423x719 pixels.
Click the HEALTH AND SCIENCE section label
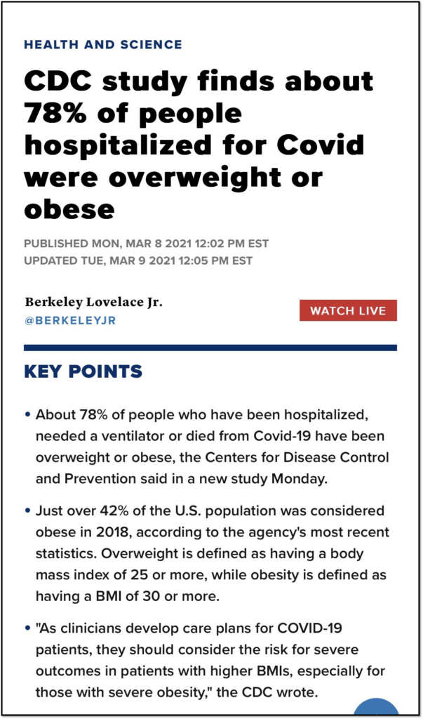pos(102,44)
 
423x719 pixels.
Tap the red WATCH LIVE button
pos(348,310)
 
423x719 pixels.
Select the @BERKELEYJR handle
pos(70,321)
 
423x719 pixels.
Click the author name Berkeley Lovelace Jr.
pos(94,303)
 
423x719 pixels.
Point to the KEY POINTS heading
pos(83,371)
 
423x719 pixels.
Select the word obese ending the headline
pos(69,209)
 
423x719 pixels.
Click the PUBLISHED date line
pos(146,244)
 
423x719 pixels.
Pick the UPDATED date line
pos(138,261)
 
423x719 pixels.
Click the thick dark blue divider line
pos(210,348)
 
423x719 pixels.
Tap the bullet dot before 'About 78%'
pos(27,415)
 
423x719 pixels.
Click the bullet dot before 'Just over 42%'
pos(27,510)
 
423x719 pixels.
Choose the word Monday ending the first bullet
pos(300,480)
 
